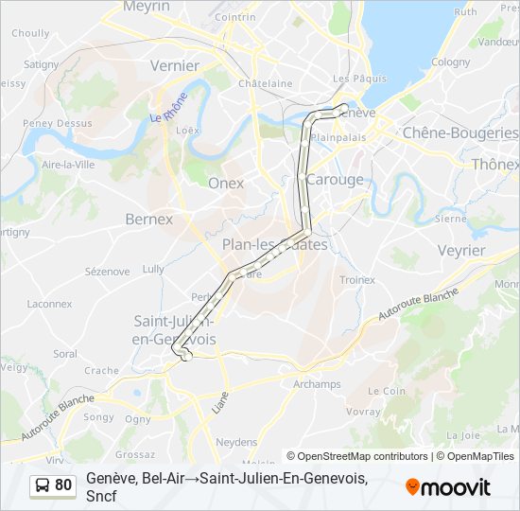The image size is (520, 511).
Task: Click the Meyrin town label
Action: pos(147,7)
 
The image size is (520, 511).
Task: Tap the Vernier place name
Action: pos(175,65)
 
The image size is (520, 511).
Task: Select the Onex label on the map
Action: pos(226,183)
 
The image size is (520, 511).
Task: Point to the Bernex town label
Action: pos(149,219)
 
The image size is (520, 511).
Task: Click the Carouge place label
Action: pos(335,179)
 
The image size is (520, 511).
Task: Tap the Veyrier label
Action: pos(461,250)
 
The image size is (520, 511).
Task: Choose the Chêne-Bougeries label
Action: pos(460,133)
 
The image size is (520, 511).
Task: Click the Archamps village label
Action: pos(317,384)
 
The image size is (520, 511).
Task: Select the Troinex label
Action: pos(357,280)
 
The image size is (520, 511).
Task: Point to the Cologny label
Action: pos(451,62)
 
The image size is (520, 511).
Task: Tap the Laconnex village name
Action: pos(49,304)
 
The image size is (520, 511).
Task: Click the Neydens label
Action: pos(236,442)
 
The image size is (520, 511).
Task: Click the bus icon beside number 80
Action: pos(43,485)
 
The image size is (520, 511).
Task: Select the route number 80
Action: pos(63,485)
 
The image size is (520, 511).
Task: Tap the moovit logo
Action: pos(448,487)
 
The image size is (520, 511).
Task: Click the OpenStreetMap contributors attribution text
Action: pos(357,456)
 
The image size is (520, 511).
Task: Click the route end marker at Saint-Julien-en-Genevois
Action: pos(186,356)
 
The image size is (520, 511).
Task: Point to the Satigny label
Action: pos(41,64)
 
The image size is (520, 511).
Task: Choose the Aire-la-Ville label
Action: pos(68,164)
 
